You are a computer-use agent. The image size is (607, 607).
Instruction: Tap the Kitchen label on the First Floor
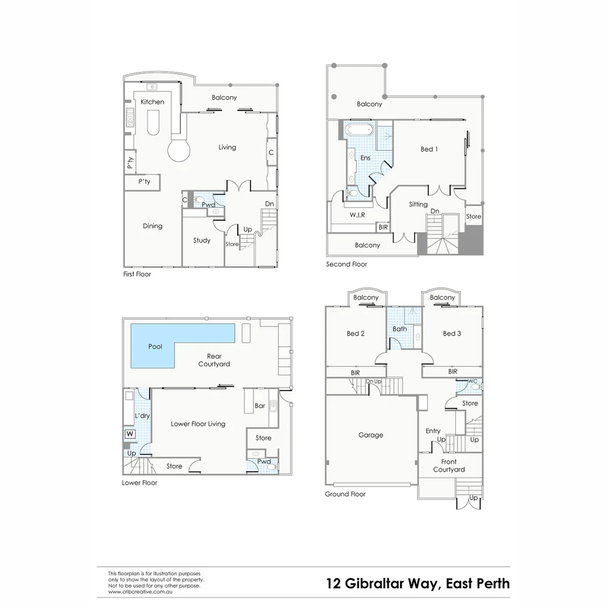(152, 102)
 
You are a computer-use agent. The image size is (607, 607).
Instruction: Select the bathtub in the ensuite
(359, 130)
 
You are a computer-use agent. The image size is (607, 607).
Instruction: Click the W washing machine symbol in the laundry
(130, 434)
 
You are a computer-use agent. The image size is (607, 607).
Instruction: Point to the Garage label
(370, 434)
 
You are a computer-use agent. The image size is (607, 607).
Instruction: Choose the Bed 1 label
(429, 149)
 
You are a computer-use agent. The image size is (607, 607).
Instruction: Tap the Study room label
(202, 240)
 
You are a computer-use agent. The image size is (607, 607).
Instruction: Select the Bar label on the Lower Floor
(260, 405)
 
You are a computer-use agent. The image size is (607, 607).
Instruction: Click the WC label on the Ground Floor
(473, 381)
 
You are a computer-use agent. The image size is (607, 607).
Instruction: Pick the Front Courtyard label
(449, 465)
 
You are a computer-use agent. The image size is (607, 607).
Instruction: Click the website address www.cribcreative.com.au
(140, 591)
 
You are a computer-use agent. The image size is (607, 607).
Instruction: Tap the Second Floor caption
(346, 264)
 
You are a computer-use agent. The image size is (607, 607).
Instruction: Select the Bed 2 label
(355, 333)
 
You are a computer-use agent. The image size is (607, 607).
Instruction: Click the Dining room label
(152, 226)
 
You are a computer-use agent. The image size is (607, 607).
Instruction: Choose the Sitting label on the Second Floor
(418, 204)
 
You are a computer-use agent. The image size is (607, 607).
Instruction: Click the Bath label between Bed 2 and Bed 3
(400, 329)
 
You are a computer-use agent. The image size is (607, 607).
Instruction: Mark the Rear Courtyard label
(214, 360)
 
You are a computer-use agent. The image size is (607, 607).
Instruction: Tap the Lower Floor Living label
(198, 424)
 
